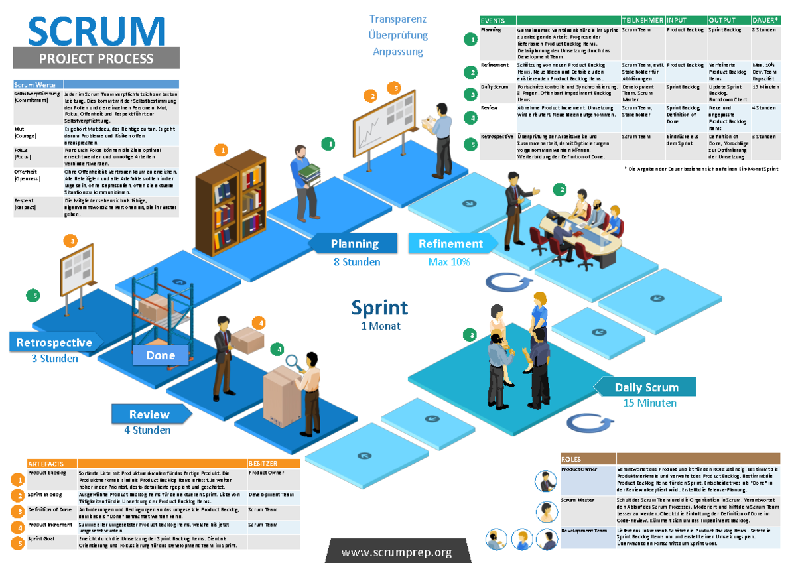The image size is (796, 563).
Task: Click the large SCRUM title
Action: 96,32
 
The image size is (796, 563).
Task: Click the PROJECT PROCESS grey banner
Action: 96,58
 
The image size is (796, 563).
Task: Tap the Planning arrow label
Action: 354,243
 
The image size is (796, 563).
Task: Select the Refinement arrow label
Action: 451,243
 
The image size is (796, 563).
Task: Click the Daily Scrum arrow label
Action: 645,387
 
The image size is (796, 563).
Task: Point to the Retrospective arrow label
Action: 54,342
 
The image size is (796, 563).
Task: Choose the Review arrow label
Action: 150,414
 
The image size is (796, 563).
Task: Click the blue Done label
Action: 161,355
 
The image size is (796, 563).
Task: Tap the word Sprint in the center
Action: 379,308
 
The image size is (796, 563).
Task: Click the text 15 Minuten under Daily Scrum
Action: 649,403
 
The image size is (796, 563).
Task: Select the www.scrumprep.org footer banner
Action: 397,552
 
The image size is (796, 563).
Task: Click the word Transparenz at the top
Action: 398,19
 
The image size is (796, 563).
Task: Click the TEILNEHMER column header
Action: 641,21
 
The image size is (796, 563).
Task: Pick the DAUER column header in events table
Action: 764,21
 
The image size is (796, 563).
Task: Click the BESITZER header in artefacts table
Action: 263,463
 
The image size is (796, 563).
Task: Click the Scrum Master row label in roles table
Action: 578,500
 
